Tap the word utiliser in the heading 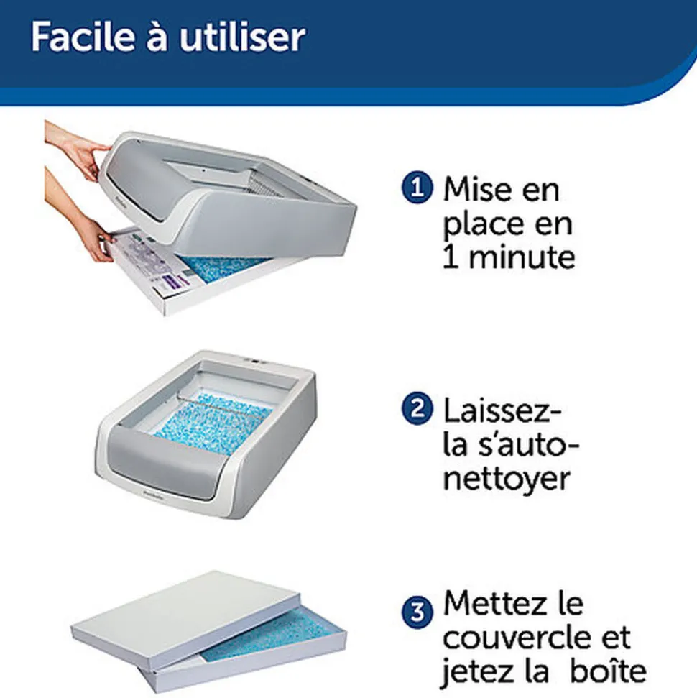(242, 37)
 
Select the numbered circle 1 (417, 188)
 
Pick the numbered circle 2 (417, 408)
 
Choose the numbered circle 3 (417, 612)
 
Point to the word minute (522, 257)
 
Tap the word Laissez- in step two (502, 411)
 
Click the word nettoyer (507, 479)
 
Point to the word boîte (608, 671)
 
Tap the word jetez (478, 673)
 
